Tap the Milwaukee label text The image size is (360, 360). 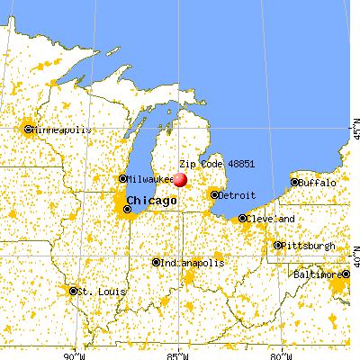pyautogui.click(x=148, y=178)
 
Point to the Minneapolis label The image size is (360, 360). pyautogui.click(x=63, y=130)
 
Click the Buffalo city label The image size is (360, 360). pyautogui.click(x=317, y=183)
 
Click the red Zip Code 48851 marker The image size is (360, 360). pyautogui.click(x=180, y=180)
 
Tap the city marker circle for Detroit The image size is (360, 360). pyautogui.click(x=214, y=194)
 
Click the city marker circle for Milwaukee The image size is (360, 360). pyautogui.click(x=123, y=178)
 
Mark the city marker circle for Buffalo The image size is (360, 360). pyautogui.click(x=294, y=183)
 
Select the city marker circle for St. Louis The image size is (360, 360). pyautogui.click(x=73, y=291)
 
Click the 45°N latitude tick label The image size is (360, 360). pyautogui.click(x=354, y=135)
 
